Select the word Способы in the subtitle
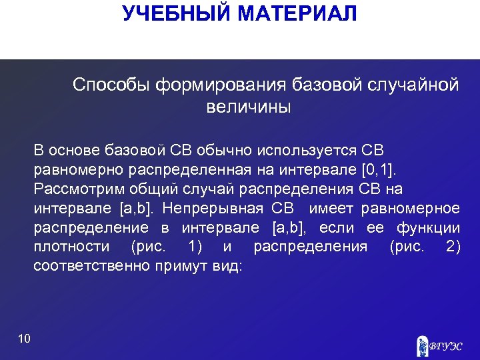pos(111,85)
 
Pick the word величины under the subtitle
pos(249,107)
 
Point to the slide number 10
pos(25,339)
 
